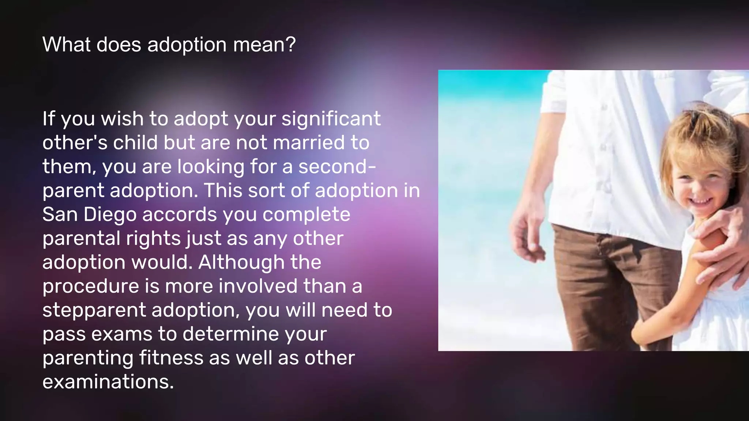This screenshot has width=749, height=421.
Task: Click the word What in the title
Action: (x=66, y=45)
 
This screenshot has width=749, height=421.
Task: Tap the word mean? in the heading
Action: (x=264, y=45)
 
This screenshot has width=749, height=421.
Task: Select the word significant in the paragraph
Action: (x=331, y=119)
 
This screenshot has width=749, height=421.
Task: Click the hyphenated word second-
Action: (x=337, y=167)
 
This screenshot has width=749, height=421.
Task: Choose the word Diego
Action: (x=110, y=215)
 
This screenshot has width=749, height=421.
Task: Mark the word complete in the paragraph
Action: (x=306, y=215)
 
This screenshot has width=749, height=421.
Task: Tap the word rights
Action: (x=153, y=239)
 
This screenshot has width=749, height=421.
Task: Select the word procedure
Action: (x=91, y=286)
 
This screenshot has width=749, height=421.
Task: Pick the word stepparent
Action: (x=94, y=310)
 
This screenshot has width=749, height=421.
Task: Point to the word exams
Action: (x=122, y=334)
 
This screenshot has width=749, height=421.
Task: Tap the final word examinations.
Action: (x=108, y=382)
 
